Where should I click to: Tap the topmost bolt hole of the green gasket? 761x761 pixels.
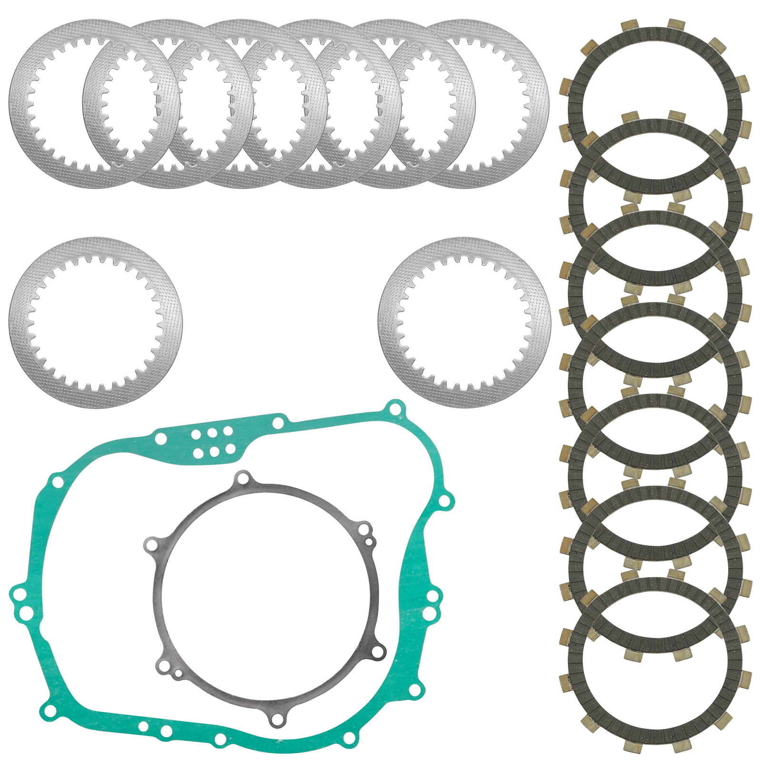coord(394,409)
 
